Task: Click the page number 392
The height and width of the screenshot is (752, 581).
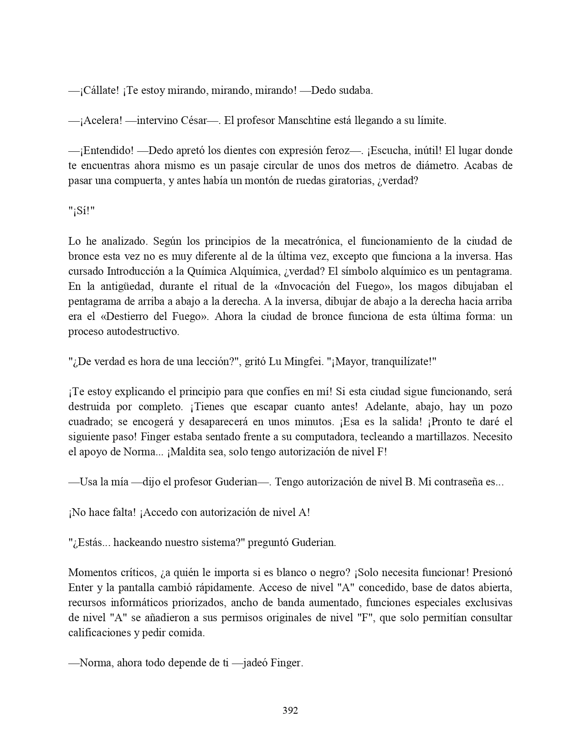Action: pos(290,710)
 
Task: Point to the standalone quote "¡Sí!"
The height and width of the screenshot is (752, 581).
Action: pos(81,211)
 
